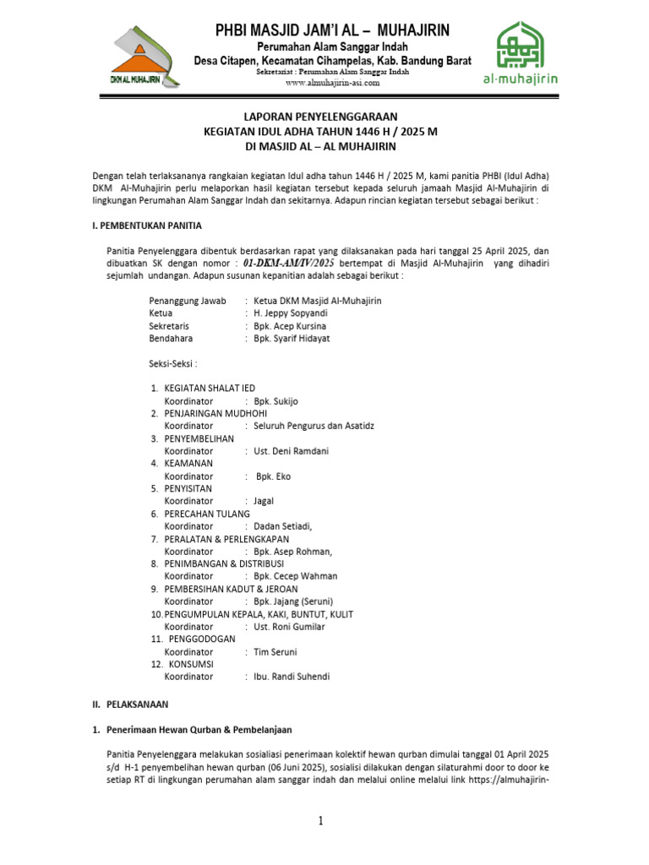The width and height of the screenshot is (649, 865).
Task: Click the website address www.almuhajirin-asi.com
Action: (332, 83)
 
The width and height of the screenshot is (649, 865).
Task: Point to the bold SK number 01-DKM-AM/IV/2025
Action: (289, 263)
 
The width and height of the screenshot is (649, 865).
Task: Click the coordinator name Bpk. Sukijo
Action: (276, 400)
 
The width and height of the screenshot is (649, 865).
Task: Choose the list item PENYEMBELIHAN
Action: (199, 438)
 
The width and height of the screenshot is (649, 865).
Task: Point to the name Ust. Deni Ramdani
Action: (291, 451)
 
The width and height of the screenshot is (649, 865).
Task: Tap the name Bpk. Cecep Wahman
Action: (296, 576)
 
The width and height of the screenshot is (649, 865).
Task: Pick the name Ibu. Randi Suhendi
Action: (292, 677)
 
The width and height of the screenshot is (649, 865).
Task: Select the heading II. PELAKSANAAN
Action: (130, 704)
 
